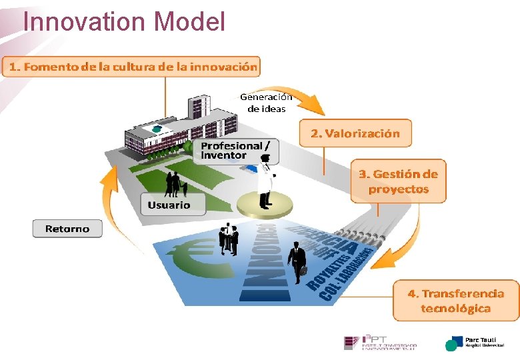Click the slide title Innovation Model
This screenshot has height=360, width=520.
124,21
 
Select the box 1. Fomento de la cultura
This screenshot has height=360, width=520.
131,67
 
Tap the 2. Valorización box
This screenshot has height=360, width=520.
355,133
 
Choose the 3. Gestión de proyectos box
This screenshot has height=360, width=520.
399,181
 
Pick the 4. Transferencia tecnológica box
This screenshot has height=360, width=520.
456,301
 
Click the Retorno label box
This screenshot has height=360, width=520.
67,229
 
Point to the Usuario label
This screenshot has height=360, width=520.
169,205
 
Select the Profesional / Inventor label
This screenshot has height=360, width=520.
235,150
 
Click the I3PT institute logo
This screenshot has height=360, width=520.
380,343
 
